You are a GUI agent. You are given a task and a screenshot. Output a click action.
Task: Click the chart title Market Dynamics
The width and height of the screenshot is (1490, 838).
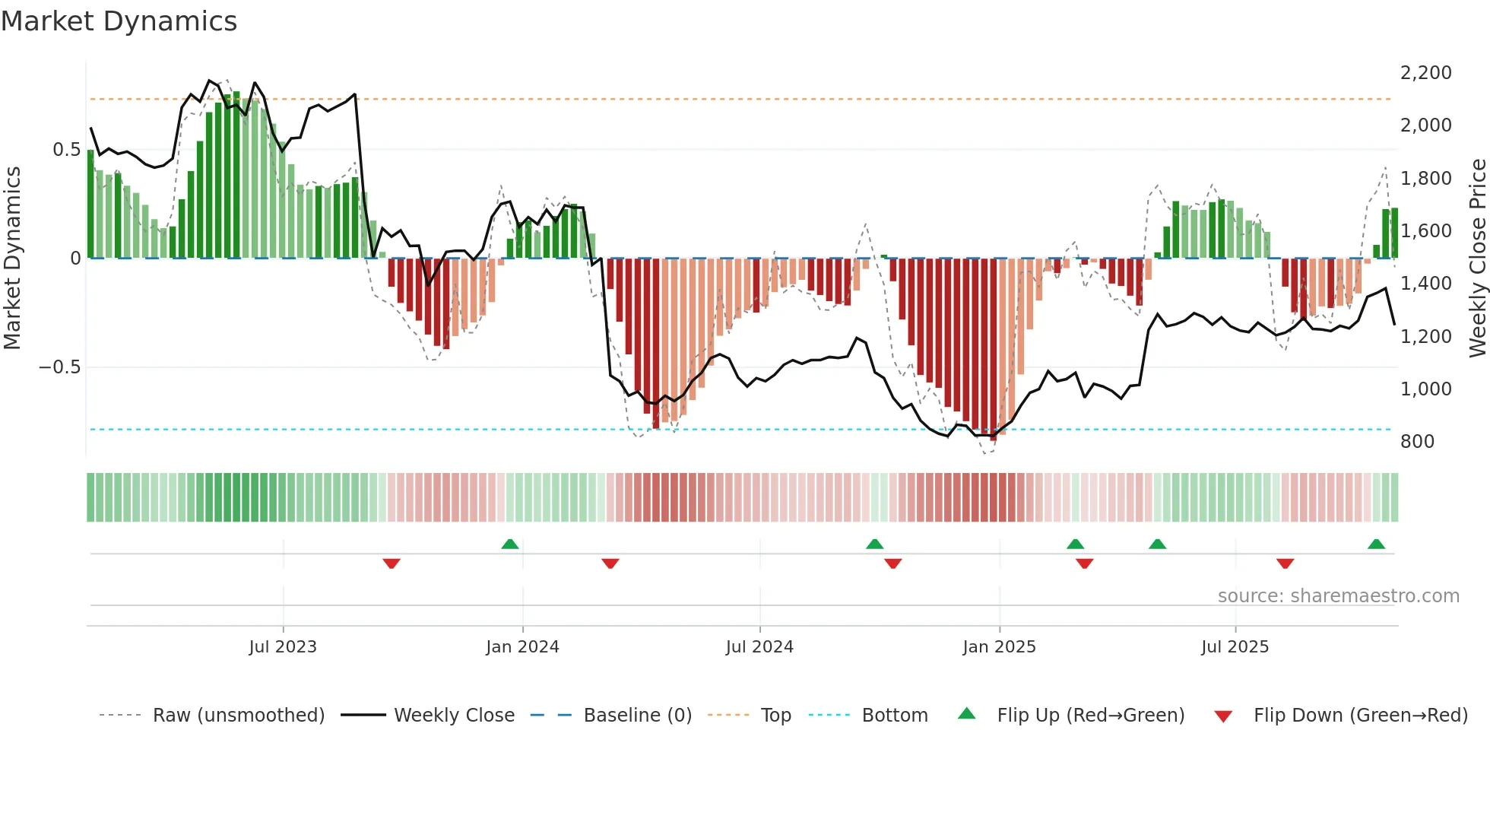pos(119,21)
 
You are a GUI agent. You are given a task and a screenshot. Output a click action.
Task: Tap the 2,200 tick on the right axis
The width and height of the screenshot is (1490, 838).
pos(1425,73)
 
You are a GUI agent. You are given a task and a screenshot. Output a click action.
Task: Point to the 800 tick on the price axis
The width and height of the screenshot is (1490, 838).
pos(1417,442)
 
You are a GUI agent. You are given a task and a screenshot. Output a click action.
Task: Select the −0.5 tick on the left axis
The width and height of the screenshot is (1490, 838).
pos(59,367)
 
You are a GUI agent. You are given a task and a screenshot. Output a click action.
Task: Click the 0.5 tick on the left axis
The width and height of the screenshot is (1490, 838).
pos(66,150)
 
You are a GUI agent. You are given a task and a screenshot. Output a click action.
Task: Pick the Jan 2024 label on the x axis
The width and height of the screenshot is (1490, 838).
pos(522,647)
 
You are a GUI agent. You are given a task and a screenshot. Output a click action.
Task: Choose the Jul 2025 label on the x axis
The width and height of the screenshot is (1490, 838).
pos(1235,647)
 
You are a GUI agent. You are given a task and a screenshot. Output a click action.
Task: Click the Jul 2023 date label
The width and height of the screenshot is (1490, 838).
pos(283,647)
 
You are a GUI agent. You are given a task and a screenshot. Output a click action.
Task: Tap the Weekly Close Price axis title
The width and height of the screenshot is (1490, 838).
pos(1477,259)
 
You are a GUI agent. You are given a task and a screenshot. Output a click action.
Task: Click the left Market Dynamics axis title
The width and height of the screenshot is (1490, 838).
pos(13,259)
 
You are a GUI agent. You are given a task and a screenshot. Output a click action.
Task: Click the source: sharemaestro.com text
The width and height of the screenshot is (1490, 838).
pos(1338,596)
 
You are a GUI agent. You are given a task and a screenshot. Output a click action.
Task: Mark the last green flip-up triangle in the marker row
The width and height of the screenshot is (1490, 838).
pos(1376,544)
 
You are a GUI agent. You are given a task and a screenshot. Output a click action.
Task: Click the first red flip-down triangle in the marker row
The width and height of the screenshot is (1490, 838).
pos(392,563)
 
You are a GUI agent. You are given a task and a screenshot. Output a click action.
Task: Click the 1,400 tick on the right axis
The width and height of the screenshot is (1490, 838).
pos(1425,284)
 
